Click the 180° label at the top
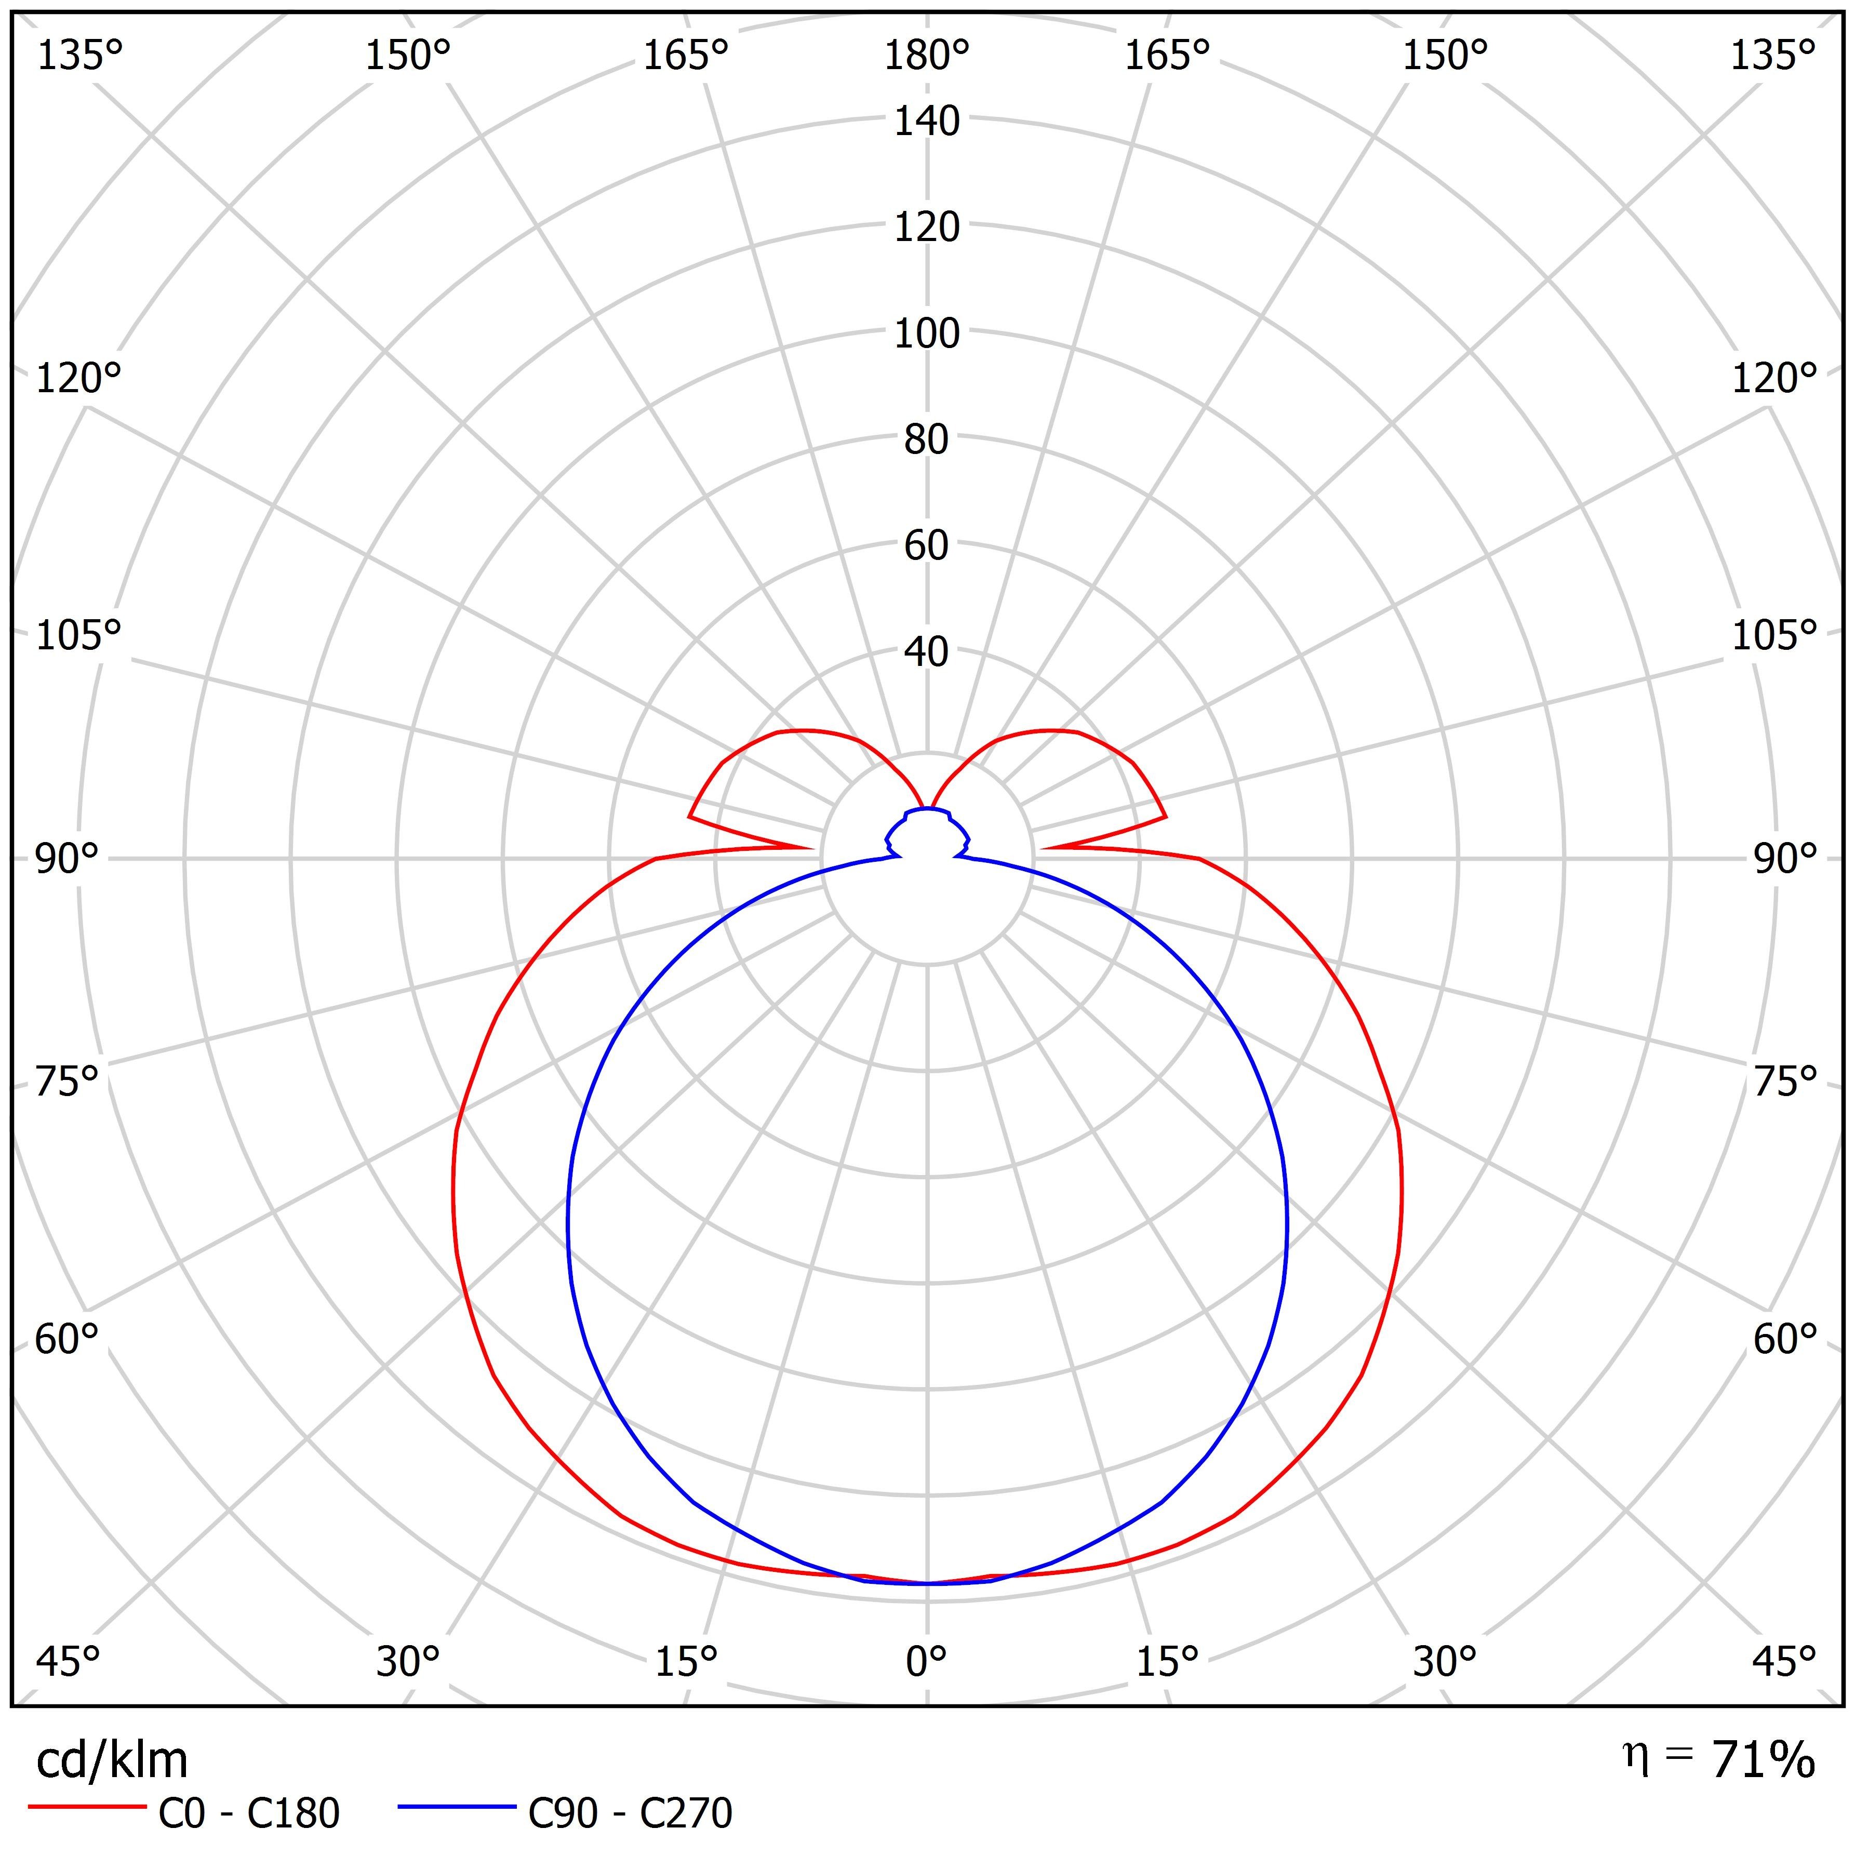pyautogui.click(x=927, y=57)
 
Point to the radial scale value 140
pyautogui.click(x=927, y=122)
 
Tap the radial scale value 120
pyautogui.click(x=927, y=228)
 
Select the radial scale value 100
pyautogui.click(x=927, y=334)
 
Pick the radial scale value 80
pyautogui.click(x=927, y=440)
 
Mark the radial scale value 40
pyautogui.click(x=927, y=652)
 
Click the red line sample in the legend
pyautogui.click(x=86, y=1807)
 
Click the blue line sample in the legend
pyautogui.click(x=457, y=1807)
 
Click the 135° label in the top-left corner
pyautogui.click(x=79, y=57)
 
